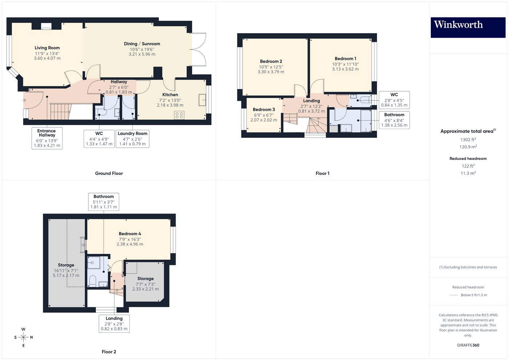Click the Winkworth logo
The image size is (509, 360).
point(468,28)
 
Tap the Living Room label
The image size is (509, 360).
point(47,48)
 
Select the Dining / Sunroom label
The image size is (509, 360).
point(142,44)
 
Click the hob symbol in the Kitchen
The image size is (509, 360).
point(179,115)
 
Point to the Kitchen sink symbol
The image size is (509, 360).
point(202,100)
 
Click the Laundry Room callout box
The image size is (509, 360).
point(132,139)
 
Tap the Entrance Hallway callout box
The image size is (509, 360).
point(47,138)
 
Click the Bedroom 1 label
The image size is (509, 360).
point(345,59)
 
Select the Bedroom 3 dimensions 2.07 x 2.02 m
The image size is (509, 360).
point(264,120)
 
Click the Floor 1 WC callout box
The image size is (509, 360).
point(394,100)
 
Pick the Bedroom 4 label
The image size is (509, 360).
point(130,233)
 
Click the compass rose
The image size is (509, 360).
point(23,337)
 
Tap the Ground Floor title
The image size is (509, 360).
point(109,173)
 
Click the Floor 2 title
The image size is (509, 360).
point(109,352)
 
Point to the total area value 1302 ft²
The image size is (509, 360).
point(468,140)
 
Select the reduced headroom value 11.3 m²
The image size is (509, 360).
point(468,173)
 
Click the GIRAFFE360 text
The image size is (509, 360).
point(468,345)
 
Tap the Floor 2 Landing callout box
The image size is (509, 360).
point(114,324)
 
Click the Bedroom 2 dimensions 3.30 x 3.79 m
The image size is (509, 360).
point(271,72)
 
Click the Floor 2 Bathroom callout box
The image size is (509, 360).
point(104,202)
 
